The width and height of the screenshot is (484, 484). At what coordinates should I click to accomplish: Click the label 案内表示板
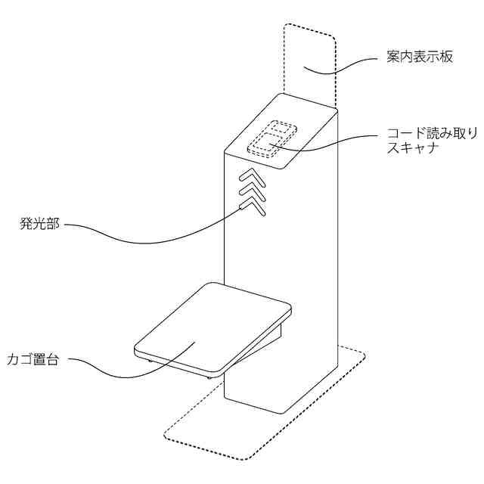pyautogui.click(x=415, y=57)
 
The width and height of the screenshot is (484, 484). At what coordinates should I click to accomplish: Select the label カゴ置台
pyautogui.click(x=32, y=358)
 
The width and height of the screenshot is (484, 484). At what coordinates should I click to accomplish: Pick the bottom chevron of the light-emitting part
pyautogui.click(x=252, y=203)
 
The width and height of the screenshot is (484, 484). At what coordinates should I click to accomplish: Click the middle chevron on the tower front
pyautogui.click(x=252, y=190)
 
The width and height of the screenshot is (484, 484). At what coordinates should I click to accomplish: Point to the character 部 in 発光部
pyautogui.click(x=52, y=224)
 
